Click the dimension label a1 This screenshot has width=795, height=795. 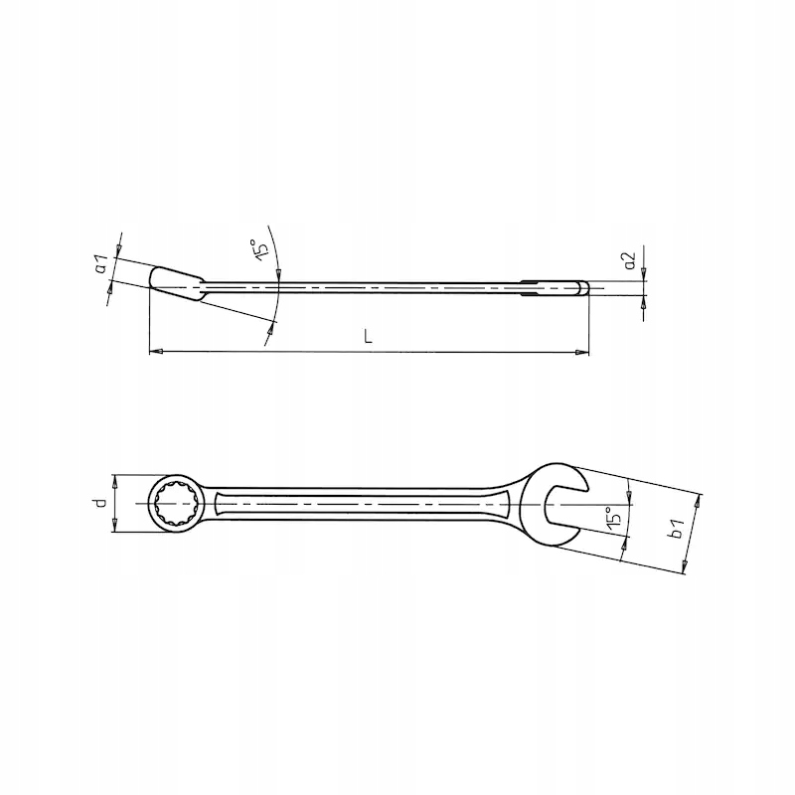(x=102, y=263)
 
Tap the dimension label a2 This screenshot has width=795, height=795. (x=630, y=260)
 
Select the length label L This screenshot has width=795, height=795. (x=368, y=336)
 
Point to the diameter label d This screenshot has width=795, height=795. (x=101, y=503)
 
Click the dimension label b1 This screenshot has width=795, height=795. (x=678, y=529)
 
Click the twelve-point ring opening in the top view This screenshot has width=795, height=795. (x=177, y=504)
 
